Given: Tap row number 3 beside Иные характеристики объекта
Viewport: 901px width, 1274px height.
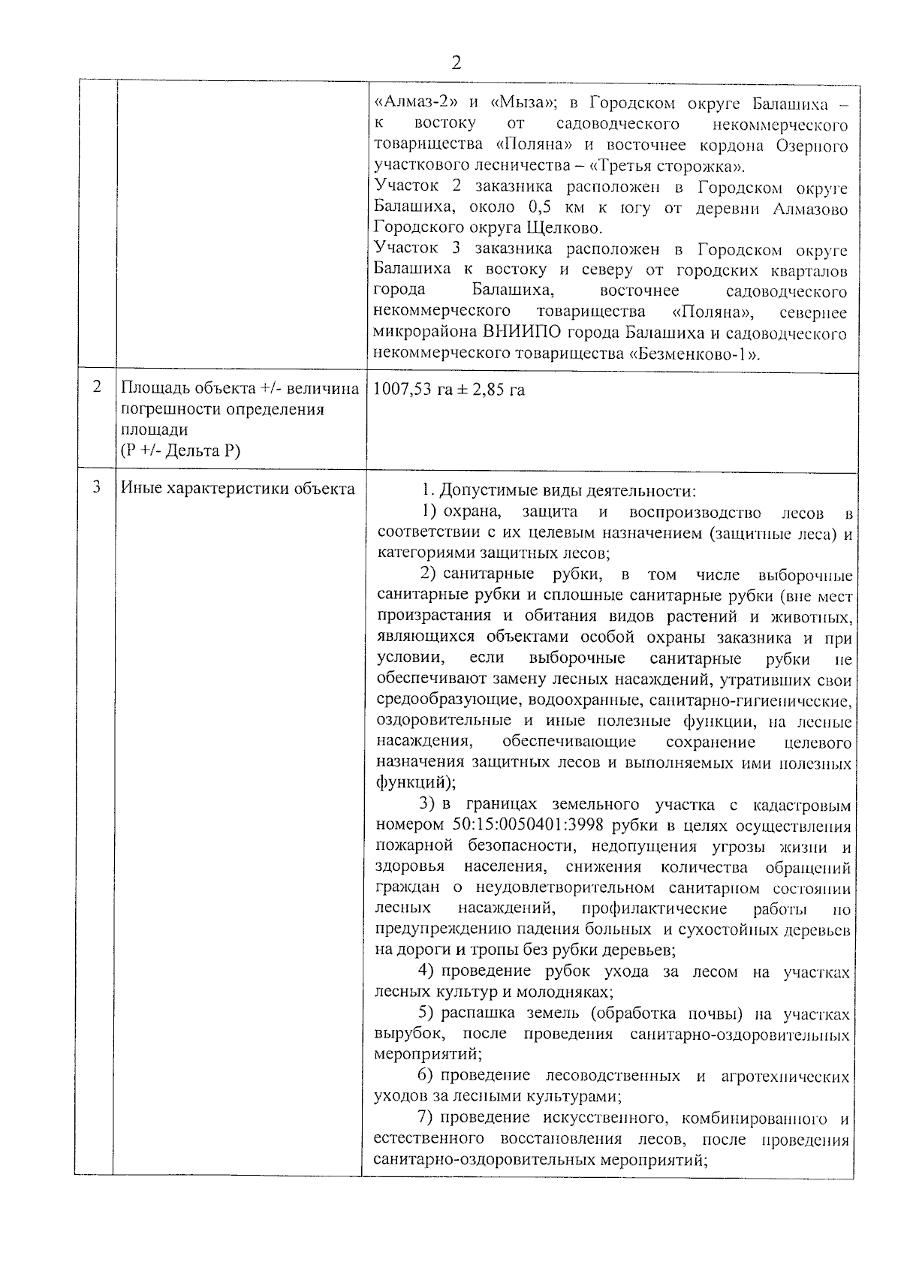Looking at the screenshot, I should click(96, 486).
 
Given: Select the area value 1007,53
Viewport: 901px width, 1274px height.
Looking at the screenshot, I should click(401, 390).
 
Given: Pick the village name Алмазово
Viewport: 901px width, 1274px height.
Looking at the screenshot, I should click(810, 208).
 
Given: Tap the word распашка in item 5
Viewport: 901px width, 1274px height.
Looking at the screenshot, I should click(473, 1014).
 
